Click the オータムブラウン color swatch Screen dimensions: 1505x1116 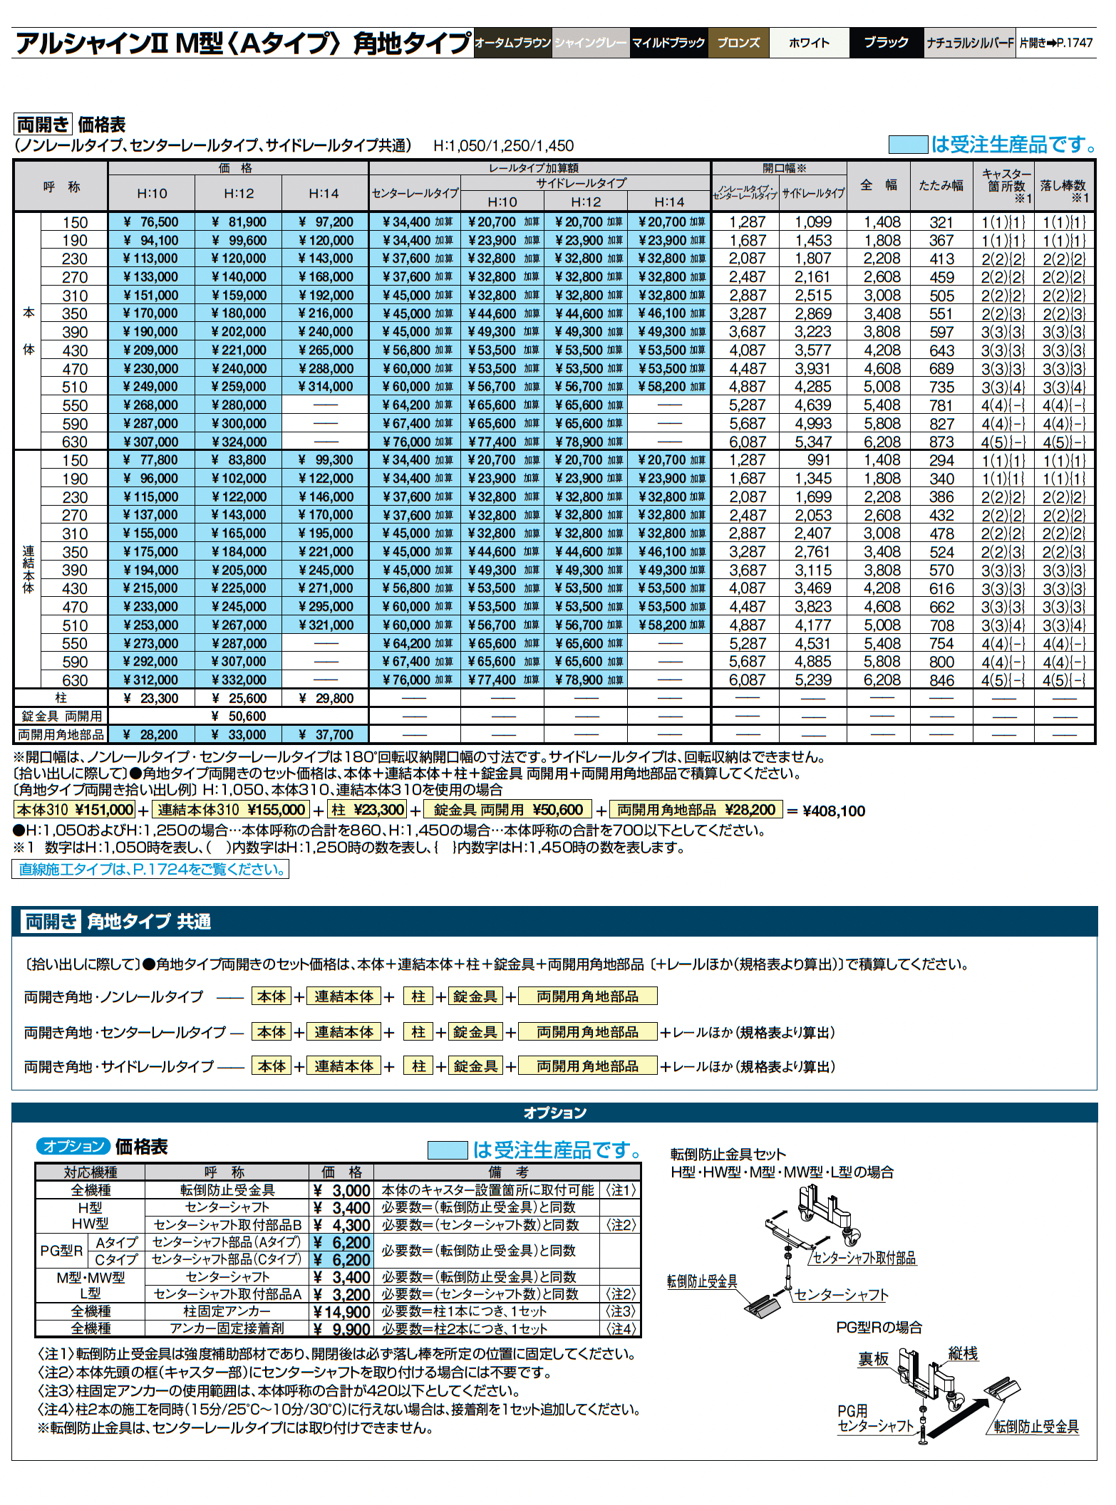(513, 43)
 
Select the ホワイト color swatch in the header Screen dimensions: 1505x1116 (809, 43)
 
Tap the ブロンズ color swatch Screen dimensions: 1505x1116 (738, 43)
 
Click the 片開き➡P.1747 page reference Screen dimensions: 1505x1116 (1055, 43)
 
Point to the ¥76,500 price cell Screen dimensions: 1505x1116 (150, 222)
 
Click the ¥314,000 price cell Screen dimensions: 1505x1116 (325, 387)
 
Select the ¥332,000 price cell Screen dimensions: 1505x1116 (238, 680)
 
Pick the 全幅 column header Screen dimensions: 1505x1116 (881, 185)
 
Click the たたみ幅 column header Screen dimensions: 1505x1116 (941, 185)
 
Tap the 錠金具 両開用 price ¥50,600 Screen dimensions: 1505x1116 (238, 717)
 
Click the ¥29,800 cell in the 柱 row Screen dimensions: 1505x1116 (325, 699)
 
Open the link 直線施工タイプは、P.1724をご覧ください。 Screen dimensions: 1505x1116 (150, 870)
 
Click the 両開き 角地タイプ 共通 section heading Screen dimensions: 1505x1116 (118, 922)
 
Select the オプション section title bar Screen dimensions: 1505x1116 (554, 1113)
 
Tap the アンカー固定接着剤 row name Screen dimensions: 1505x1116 (227, 1329)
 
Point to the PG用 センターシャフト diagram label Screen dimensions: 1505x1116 (874, 1417)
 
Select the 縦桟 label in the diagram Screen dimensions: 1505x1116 (963, 1354)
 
